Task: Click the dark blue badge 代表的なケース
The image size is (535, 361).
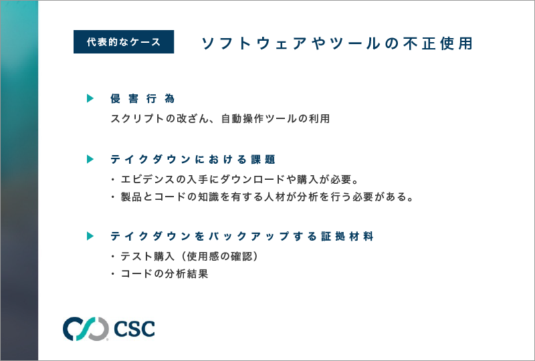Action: tap(124, 41)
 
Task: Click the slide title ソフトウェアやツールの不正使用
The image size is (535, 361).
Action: tap(337, 43)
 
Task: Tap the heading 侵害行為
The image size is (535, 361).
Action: tap(142, 99)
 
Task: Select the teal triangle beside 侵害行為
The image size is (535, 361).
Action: tap(90, 98)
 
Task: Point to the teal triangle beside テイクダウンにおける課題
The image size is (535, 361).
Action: tap(90, 159)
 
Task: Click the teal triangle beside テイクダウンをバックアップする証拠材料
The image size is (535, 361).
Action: tap(90, 236)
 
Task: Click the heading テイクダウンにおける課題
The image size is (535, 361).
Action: tap(193, 159)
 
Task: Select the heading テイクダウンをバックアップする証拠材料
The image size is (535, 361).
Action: tap(242, 236)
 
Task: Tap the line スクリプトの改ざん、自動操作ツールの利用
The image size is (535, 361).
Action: tap(220, 119)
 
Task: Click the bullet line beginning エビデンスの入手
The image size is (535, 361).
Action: tap(235, 179)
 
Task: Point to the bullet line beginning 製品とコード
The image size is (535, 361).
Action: tap(263, 197)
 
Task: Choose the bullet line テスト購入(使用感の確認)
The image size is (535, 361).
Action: tap(185, 256)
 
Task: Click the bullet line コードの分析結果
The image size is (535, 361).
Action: tap(160, 273)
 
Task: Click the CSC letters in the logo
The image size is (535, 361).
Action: tap(134, 329)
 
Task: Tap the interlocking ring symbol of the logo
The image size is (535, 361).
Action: tap(86, 329)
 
